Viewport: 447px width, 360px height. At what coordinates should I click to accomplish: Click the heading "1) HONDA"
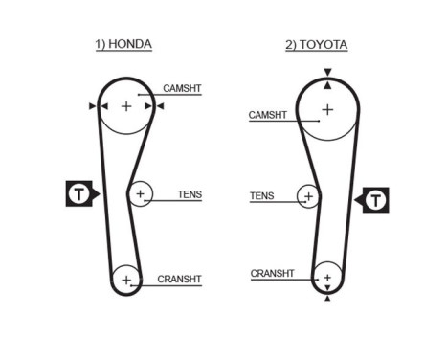[123, 44]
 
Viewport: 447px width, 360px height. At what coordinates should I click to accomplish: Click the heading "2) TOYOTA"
[317, 44]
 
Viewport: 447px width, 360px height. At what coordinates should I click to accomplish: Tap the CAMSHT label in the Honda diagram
[182, 88]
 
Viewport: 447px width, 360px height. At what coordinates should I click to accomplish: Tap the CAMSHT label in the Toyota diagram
[267, 115]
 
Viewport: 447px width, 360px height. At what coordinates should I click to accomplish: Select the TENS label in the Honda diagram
[190, 194]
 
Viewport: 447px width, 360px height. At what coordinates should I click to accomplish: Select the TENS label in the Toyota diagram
[261, 196]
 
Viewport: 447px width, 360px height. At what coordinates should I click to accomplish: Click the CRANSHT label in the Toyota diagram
[272, 273]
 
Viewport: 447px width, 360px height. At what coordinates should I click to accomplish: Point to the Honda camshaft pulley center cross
[126, 106]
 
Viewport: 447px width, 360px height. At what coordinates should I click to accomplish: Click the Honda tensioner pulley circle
[141, 194]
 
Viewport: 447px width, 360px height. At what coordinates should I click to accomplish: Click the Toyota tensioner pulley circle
[308, 197]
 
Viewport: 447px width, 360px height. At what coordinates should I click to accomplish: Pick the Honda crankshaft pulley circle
[126, 280]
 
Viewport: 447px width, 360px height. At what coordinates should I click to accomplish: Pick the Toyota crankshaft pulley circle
[327, 276]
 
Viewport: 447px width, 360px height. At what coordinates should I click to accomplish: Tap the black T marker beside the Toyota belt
[375, 200]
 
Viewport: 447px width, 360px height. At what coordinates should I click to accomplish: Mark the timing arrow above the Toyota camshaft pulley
[327, 73]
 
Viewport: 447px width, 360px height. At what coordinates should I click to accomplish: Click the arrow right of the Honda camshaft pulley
[160, 106]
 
